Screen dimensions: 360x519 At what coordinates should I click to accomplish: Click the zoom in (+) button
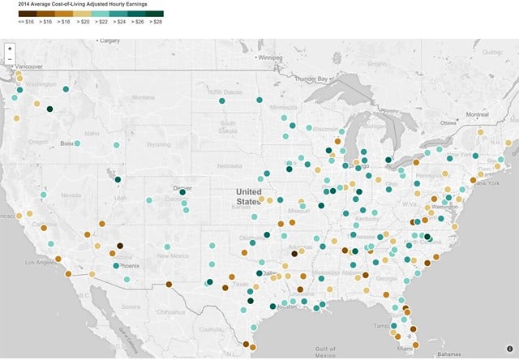(x=10, y=49)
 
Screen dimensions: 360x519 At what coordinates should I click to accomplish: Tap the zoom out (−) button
(x=10, y=58)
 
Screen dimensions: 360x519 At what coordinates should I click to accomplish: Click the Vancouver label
(x=28, y=66)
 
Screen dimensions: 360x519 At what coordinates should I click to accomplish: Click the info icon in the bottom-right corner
(x=508, y=350)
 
